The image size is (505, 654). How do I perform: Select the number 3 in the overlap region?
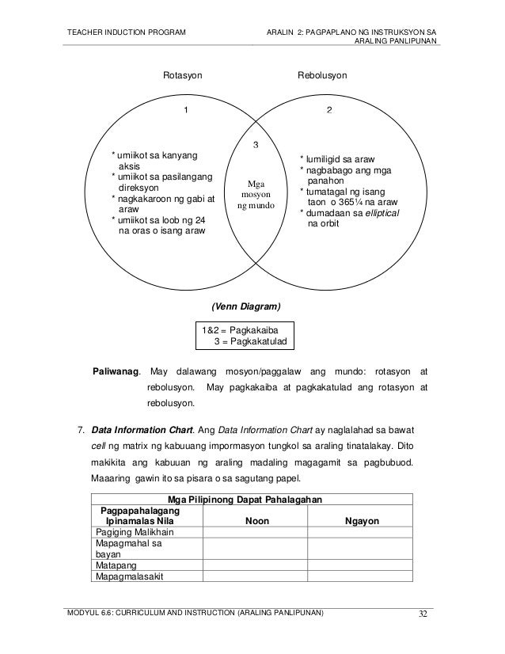coord(255,145)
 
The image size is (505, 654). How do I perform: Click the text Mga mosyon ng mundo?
coord(255,195)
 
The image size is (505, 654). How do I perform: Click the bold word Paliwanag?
coord(117,371)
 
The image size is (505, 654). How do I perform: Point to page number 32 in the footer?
coord(425,614)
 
